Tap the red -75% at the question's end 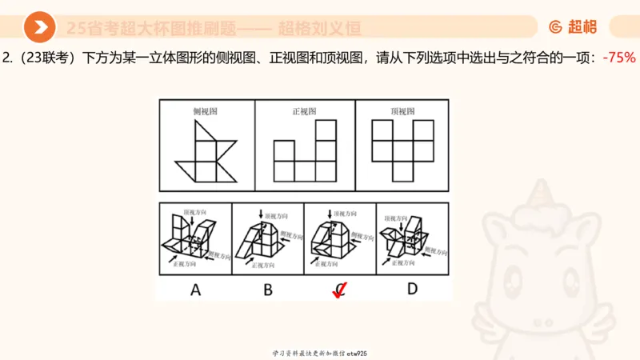click(x=619, y=58)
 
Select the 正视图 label click(x=305, y=112)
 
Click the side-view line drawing click(x=206, y=156)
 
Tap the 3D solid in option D click(x=408, y=238)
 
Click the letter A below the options click(x=194, y=289)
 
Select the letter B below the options click(x=267, y=289)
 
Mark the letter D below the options click(x=412, y=289)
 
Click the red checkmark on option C click(x=340, y=291)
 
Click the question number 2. click(x=6, y=58)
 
